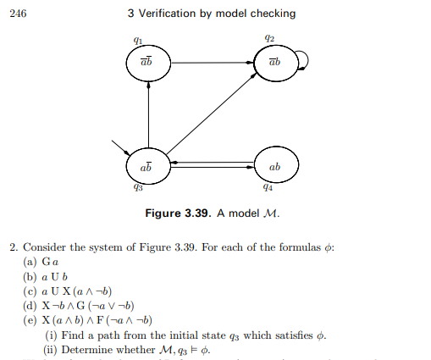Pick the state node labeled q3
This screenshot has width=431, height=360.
coord(148,166)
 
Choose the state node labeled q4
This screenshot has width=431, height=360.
coord(274,166)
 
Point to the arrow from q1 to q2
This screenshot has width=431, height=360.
coord(211,62)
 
